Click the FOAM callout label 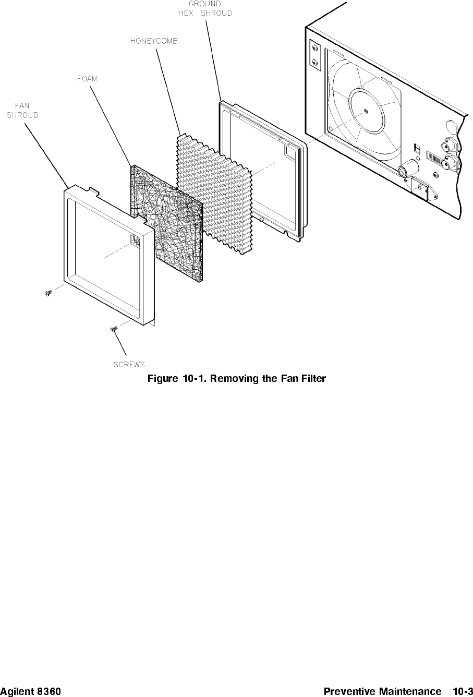(x=87, y=79)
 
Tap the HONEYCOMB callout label (x=154, y=41)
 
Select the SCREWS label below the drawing (x=129, y=364)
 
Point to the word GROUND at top (x=204, y=4)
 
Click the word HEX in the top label (x=186, y=13)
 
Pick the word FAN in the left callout (x=22, y=106)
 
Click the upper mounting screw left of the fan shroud (x=48, y=293)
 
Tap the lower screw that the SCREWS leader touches (x=114, y=329)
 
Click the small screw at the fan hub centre (x=366, y=111)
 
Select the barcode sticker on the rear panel (x=435, y=158)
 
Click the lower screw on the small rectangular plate (x=314, y=62)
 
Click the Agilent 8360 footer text (x=30, y=691)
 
